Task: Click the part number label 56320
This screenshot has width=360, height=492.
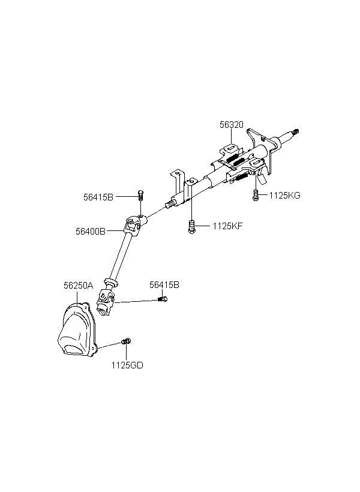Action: (x=231, y=125)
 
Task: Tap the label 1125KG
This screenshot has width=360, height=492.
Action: (x=284, y=195)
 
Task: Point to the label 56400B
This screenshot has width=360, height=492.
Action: (x=91, y=230)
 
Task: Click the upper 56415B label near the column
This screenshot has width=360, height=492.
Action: (x=98, y=196)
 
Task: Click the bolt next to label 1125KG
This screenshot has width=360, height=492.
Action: (x=256, y=194)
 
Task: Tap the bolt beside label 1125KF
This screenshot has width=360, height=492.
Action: (x=192, y=226)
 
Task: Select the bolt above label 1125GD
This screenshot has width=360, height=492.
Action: (x=125, y=341)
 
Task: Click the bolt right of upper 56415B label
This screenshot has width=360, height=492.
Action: (x=141, y=194)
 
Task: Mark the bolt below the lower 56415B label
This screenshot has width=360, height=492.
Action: (x=162, y=299)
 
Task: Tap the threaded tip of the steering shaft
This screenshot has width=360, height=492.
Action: (x=298, y=133)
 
